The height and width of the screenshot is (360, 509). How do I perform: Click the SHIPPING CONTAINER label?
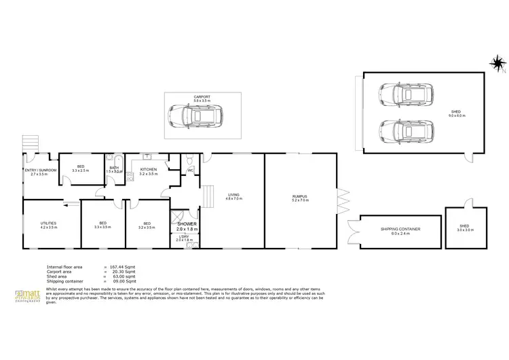(x=400, y=230)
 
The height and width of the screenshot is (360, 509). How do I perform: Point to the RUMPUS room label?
(x=300, y=196)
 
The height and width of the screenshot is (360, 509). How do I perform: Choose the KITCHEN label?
(x=149, y=169)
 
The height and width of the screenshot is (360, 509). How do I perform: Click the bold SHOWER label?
(x=187, y=223)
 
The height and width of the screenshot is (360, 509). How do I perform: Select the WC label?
(x=181, y=170)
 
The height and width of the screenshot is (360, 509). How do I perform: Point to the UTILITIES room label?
(x=48, y=223)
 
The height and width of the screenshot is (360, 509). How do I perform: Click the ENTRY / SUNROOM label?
(x=40, y=170)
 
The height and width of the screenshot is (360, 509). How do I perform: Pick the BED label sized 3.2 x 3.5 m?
(x=147, y=223)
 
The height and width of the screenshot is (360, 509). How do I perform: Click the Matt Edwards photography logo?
(x=29, y=297)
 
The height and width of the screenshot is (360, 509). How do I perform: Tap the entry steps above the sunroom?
(x=29, y=143)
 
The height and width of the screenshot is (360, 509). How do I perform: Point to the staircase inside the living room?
(x=210, y=196)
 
